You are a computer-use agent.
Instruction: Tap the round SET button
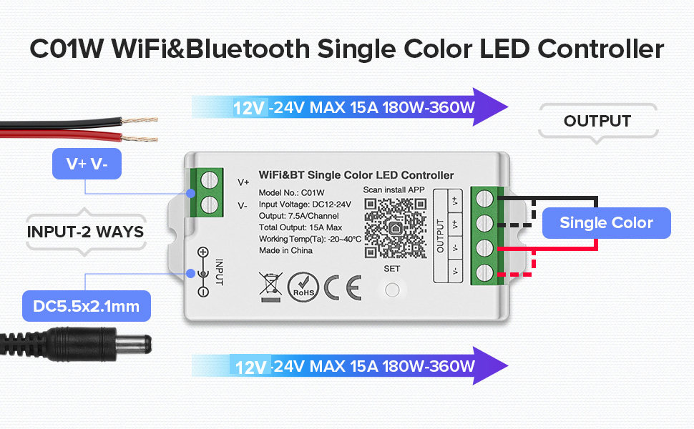pyautogui.click(x=391, y=290)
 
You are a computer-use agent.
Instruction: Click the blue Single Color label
pyautogui.click(x=606, y=223)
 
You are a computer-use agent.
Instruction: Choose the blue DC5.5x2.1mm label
pyautogui.click(x=85, y=307)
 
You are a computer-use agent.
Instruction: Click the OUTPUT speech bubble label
pyautogui.click(x=597, y=121)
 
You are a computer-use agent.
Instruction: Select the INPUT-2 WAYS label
pyautogui.click(x=86, y=232)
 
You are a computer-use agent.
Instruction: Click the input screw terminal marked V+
pyautogui.click(x=209, y=181)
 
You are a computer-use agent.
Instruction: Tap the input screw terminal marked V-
pyautogui.click(x=209, y=205)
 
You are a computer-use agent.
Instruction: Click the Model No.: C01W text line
pyautogui.click(x=292, y=192)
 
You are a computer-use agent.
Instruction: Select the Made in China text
pyautogui.click(x=286, y=252)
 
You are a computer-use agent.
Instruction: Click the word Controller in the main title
pyautogui.click(x=600, y=49)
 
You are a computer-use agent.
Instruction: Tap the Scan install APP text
pyautogui.click(x=394, y=189)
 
